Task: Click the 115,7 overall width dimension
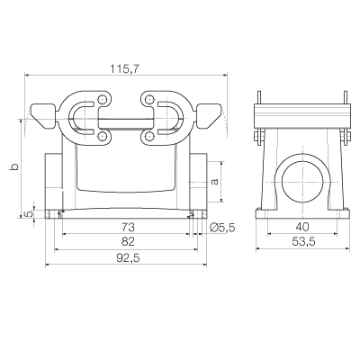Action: click(x=124, y=69)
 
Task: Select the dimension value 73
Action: click(x=128, y=228)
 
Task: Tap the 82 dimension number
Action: click(x=128, y=241)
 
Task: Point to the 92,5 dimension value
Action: click(x=128, y=257)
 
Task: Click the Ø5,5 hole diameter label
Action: click(x=222, y=228)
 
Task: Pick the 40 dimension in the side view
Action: click(x=302, y=227)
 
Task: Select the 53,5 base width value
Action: click(x=303, y=241)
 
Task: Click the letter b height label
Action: click(x=14, y=166)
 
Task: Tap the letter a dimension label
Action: click(x=215, y=181)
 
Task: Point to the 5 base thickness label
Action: click(x=28, y=214)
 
